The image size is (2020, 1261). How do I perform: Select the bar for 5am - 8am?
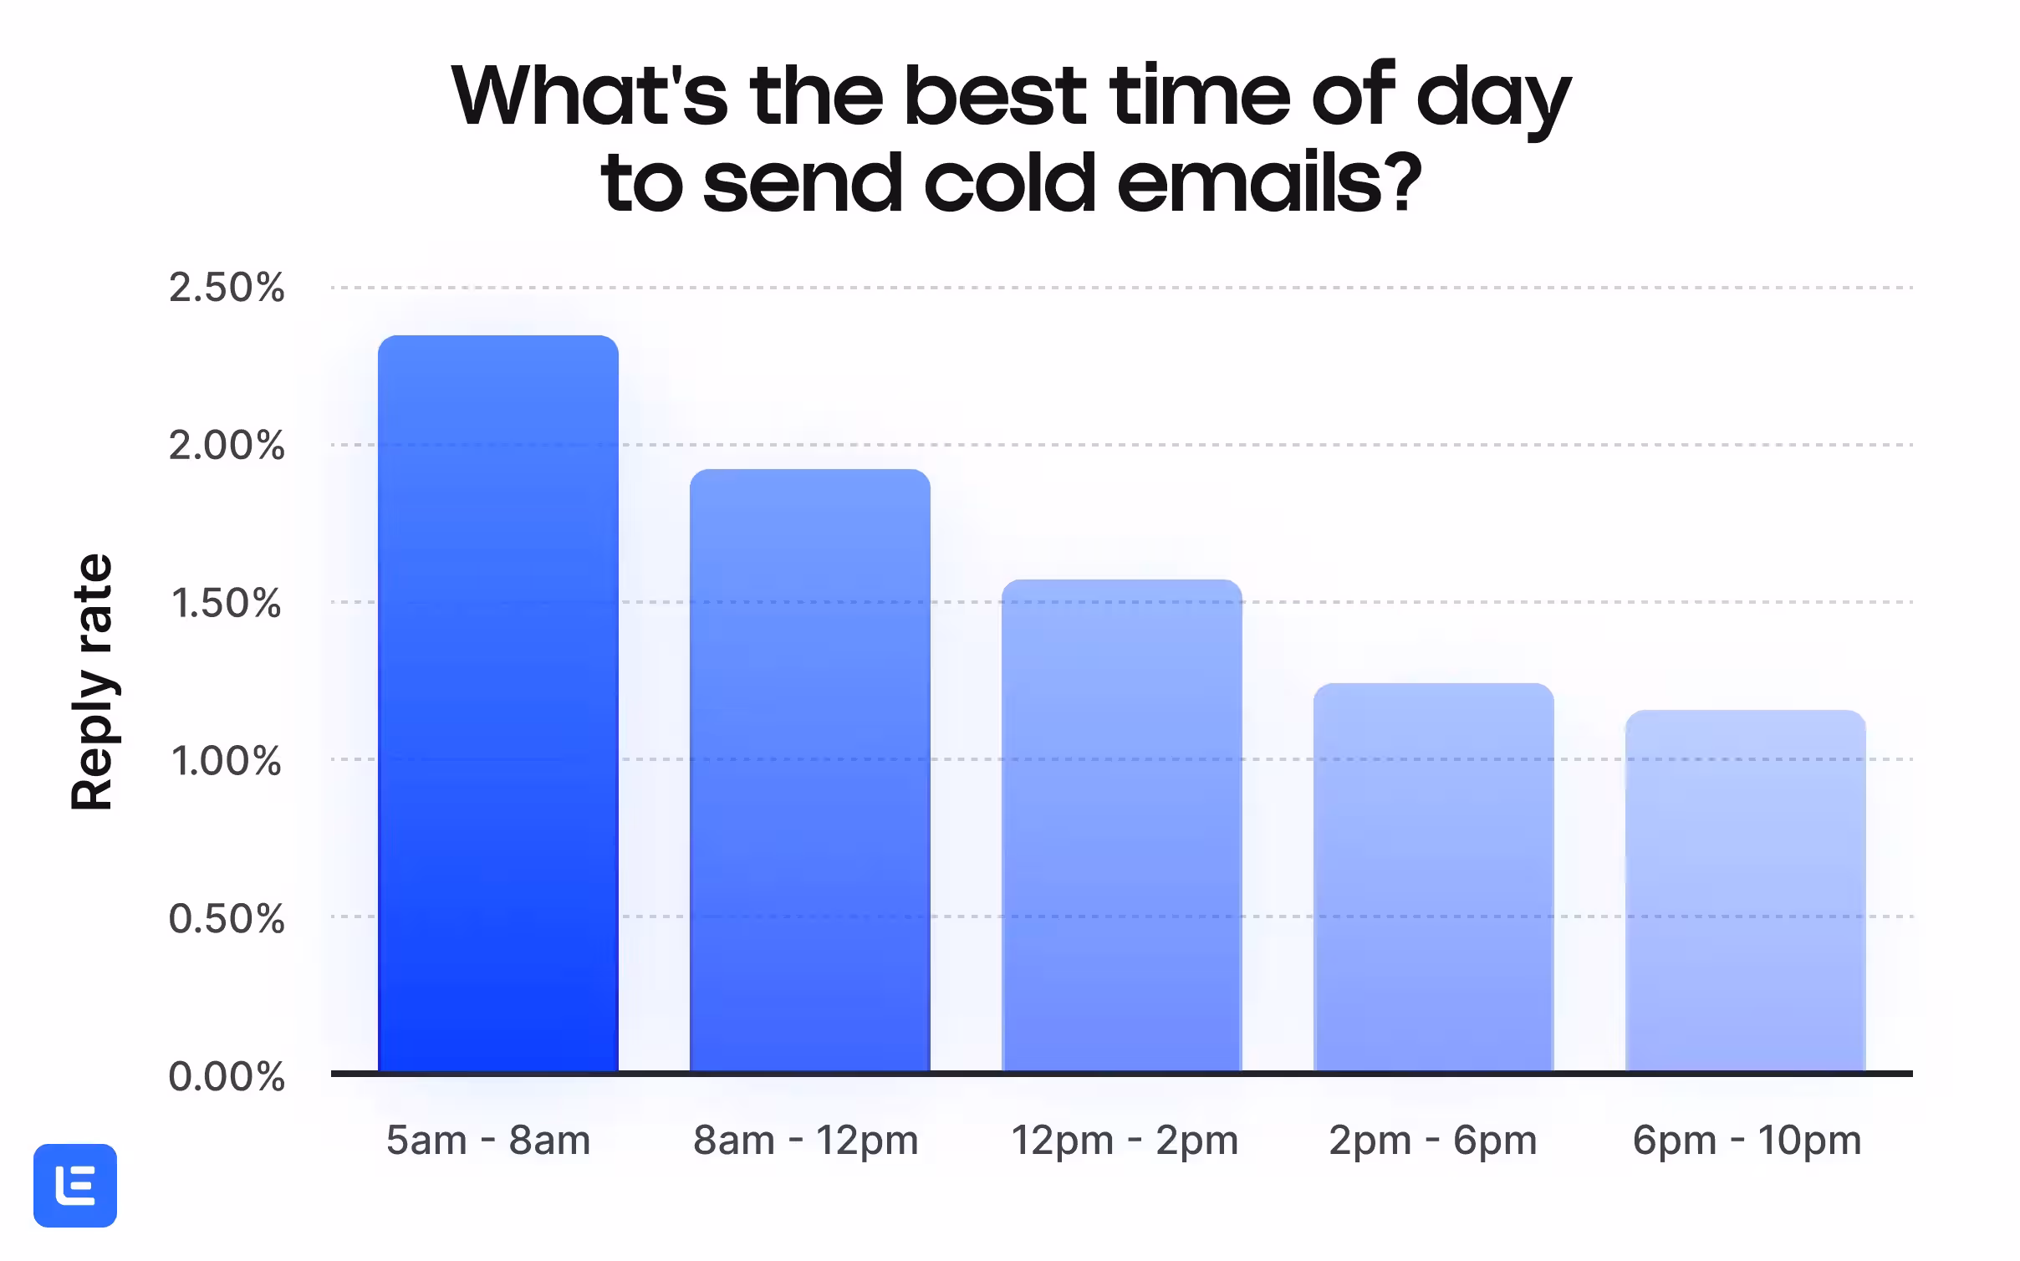coord(498,703)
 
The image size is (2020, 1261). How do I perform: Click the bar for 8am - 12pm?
coord(810,770)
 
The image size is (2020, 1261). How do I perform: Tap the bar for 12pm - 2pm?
coord(1122,825)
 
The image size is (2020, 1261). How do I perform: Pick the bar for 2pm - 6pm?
coord(1434,877)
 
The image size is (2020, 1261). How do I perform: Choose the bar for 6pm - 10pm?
coord(1746,891)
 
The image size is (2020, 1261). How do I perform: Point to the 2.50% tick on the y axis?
coord(227,288)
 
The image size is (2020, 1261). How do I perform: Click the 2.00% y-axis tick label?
coord(227,445)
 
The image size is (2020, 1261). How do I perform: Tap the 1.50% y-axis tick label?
coord(227,603)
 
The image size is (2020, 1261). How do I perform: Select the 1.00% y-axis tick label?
coord(227,761)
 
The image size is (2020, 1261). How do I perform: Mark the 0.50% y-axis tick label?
coord(227,918)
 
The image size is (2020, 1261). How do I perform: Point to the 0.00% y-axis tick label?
coord(227,1076)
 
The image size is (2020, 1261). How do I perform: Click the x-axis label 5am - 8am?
coord(488,1140)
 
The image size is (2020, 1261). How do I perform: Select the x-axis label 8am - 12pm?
coord(806,1141)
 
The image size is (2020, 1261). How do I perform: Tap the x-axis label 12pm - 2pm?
coord(1125,1141)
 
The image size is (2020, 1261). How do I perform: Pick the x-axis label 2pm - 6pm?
coord(1433,1141)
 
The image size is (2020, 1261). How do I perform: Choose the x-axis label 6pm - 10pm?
coord(1747,1141)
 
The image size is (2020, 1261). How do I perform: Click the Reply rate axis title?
coord(92,682)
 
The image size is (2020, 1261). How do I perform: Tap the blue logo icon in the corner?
coord(75,1186)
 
